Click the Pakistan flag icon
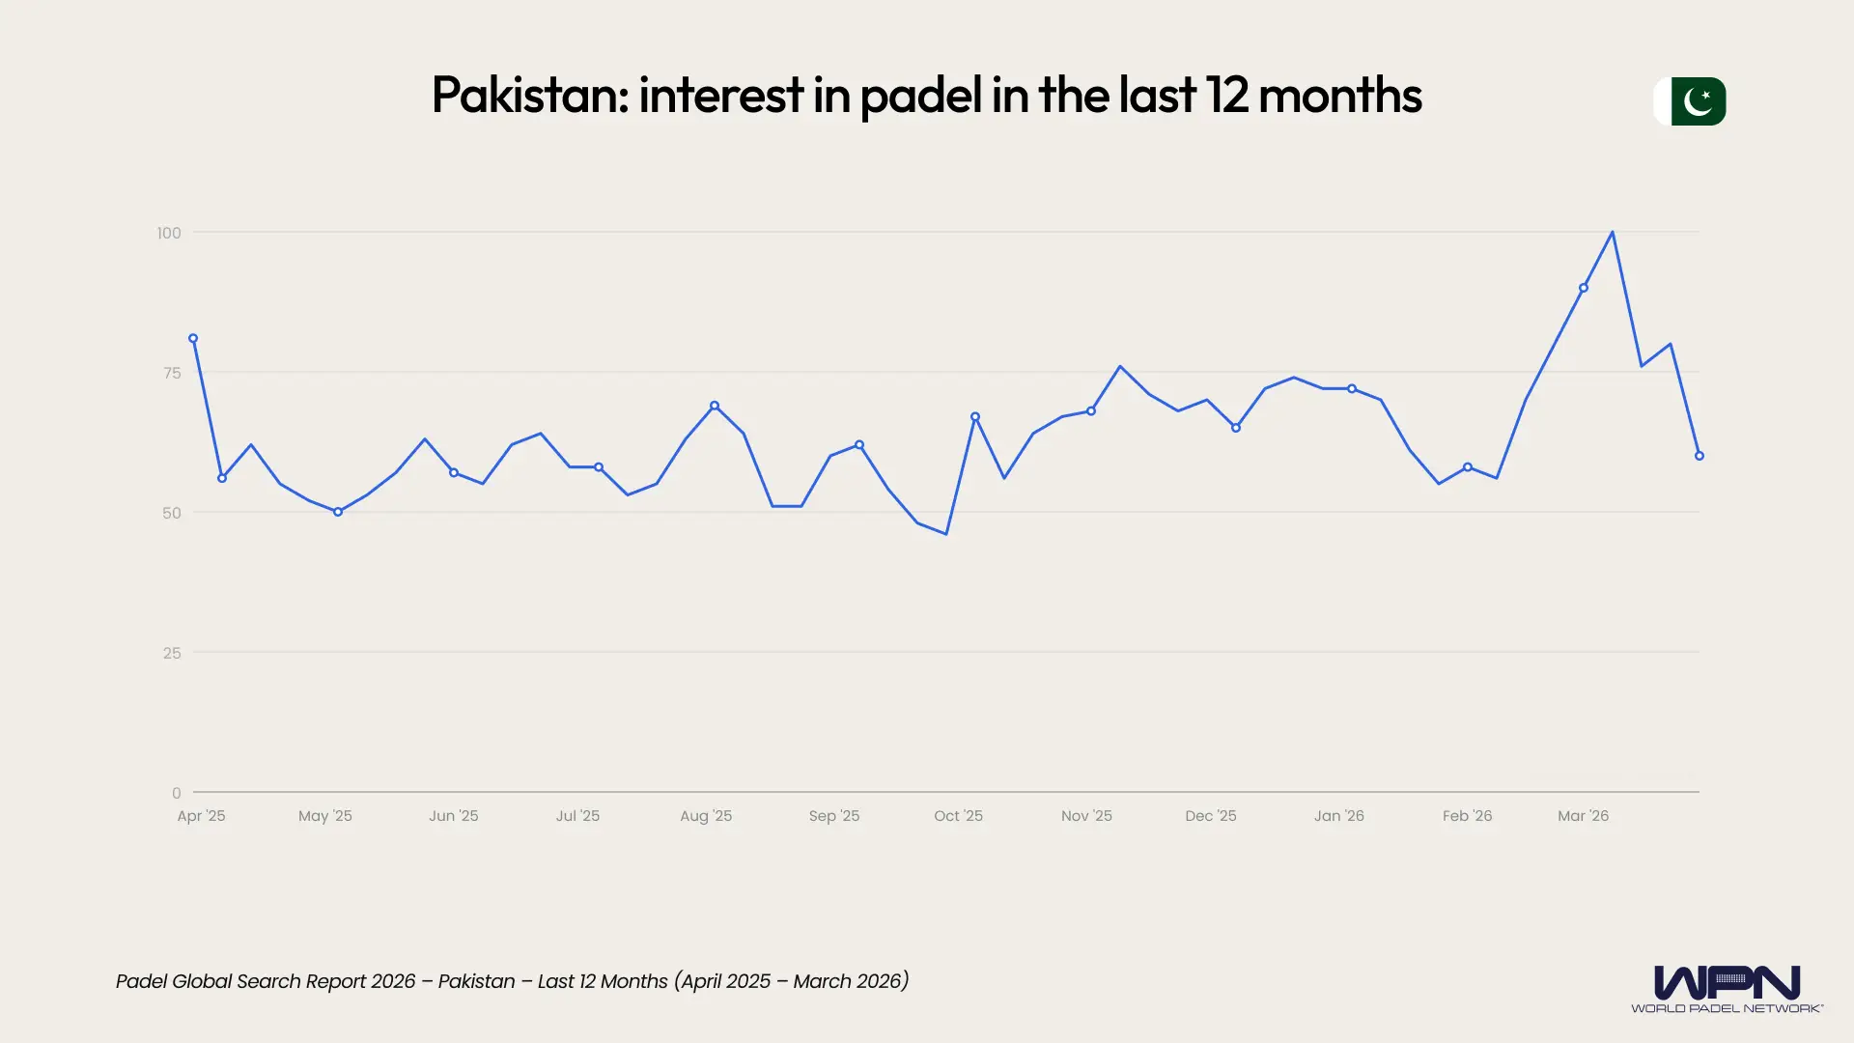click(1691, 101)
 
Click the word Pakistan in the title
click(526, 95)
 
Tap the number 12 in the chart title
click(1225, 95)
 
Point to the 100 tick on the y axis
click(169, 233)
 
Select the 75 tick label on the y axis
click(172, 373)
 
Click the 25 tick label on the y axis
click(172, 653)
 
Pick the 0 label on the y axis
click(176, 793)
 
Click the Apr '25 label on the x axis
click(201, 816)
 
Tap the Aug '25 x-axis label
click(706, 816)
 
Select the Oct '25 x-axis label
click(958, 816)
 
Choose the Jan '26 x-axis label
click(1338, 816)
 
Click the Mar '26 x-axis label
click(1583, 816)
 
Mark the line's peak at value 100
click(1613, 233)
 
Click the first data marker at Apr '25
click(193, 339)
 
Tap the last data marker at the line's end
click(1699, 456)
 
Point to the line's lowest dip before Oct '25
click(946, 534)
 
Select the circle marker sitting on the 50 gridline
click(338, 512)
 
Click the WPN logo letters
click(1727, 982)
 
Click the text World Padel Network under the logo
click(1727, 1008)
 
